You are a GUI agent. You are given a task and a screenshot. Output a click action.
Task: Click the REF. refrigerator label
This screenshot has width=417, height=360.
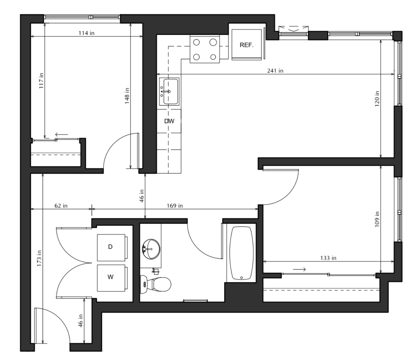click(246, 45)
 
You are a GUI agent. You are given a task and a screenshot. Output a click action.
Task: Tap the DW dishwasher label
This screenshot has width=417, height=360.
click(169, 121)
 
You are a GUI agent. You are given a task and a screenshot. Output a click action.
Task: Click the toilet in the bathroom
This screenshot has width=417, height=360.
click(155, 284)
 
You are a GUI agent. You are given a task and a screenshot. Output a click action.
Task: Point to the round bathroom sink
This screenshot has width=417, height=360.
click(151, 249)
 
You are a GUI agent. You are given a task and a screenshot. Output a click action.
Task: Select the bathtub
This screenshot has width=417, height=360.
click(242, 253)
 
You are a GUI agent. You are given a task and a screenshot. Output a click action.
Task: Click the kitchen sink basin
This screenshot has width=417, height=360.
click(171, 91)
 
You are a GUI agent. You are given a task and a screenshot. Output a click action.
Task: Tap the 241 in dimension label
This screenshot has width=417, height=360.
click(275, 70)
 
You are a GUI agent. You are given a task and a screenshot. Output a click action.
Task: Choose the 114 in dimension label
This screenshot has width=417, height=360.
click(86, 33)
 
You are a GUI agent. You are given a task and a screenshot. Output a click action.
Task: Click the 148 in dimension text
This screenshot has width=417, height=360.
click(127, 96)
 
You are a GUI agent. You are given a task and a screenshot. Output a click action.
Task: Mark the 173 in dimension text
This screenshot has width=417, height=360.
click(39, 258)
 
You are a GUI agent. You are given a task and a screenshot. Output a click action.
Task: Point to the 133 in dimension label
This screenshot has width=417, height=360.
click(328, 258)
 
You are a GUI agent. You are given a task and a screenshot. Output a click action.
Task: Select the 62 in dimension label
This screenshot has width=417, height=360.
click(61, 206)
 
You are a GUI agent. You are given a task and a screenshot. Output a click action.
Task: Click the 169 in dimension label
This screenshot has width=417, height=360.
click(175, 206)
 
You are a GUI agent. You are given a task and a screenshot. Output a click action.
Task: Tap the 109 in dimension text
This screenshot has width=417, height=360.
click(377, 219)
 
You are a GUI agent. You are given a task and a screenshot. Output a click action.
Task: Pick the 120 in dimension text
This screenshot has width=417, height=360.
click(377, 99)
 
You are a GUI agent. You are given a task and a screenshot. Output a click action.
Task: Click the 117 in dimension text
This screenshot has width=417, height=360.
click(41, 81)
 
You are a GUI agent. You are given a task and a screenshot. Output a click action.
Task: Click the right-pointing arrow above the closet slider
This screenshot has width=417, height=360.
click(299, 269)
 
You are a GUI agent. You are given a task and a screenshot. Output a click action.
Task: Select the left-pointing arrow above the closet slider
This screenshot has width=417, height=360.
click(61, 134)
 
